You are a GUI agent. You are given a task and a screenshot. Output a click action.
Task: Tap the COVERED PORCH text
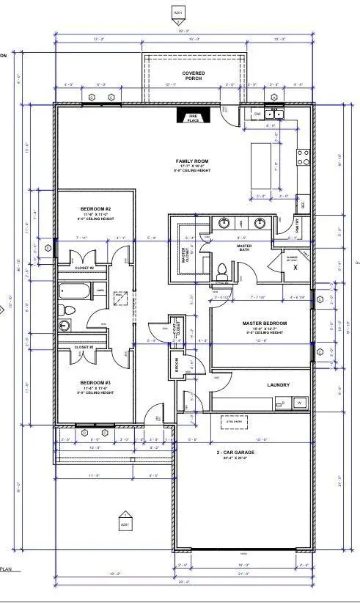(194, 76)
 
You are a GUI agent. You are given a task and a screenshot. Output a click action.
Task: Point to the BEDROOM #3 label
(96, 381)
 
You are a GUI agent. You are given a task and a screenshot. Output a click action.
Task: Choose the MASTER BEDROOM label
(264, 324)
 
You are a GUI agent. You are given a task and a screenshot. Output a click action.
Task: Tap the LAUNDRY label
(278, 385)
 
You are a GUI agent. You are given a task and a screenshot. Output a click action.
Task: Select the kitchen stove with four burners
(302, 156)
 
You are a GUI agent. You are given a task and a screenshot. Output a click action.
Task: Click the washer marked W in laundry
(299, 403)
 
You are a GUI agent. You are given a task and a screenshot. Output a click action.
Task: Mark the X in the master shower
(294, 268)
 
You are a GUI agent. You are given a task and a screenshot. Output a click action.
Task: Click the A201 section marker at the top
(177, 13)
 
